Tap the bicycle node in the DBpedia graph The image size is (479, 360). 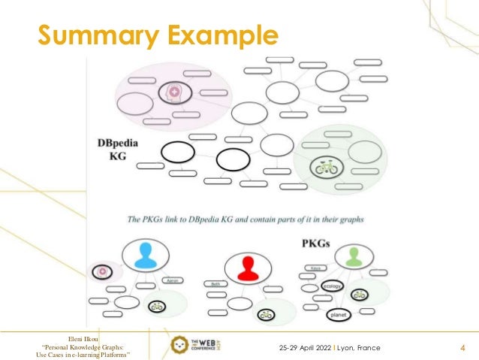(327, 168)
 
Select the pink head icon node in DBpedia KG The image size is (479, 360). (175, 93)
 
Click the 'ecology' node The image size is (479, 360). (332, 286)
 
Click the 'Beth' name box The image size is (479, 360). (215, 284)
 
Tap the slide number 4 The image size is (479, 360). (462, 348)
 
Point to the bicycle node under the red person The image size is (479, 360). (264, 314)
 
